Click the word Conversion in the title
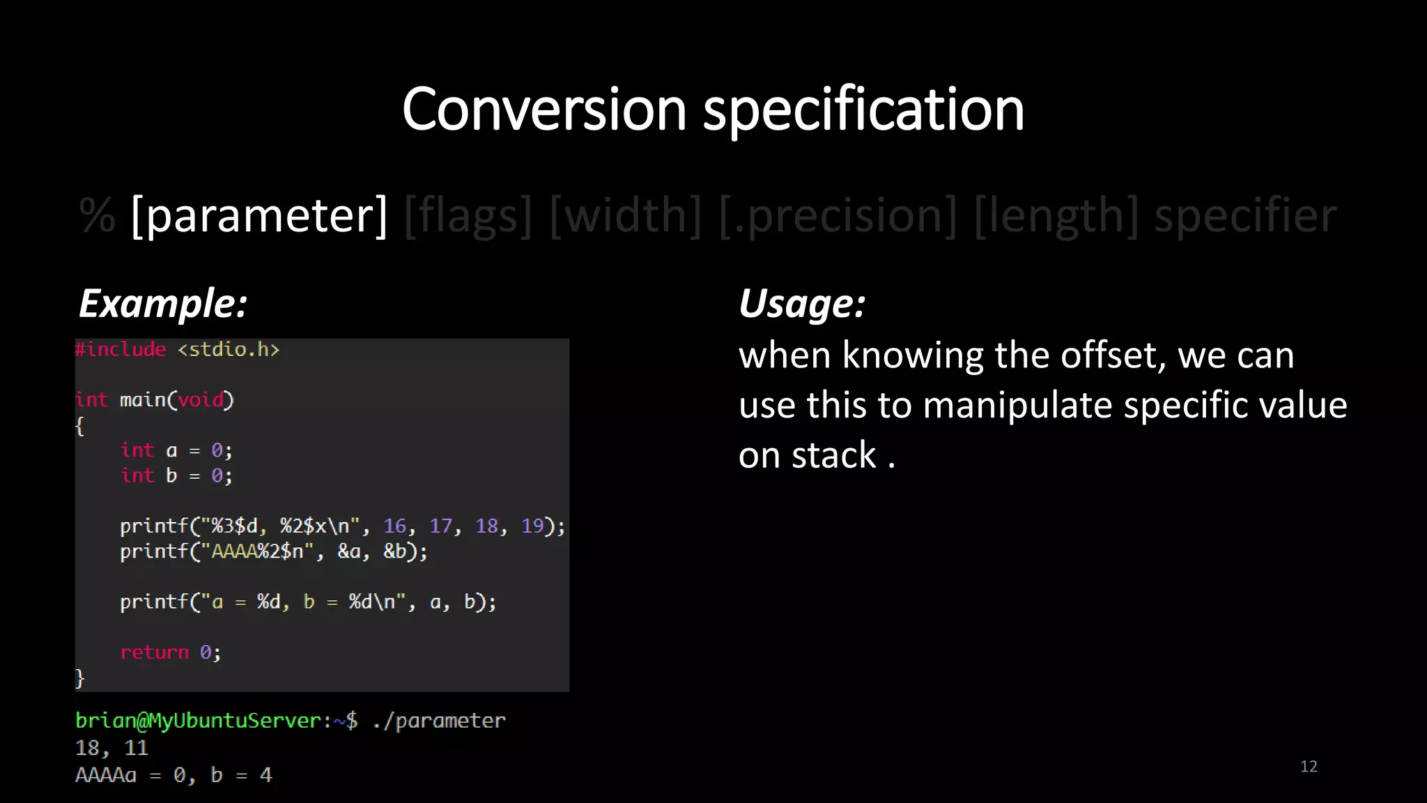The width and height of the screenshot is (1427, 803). [x=544, y=109]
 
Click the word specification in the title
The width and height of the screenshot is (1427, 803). [x=863, y=109]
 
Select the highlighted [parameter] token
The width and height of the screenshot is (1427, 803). [x=259, y=215]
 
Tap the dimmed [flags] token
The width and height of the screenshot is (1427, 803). [x=468, y=215]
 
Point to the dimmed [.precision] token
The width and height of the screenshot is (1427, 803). [x=838, y=215]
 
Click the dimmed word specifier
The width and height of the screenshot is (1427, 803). [x=1245, y=215]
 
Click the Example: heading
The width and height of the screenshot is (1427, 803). [x=163, y=303]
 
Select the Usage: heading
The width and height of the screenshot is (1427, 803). [x=802, y=303]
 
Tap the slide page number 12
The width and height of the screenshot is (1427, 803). [x=1309, y=767]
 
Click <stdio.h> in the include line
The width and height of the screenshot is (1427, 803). [x=229, y=349]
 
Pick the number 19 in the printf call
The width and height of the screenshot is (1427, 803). [x=532, y=526]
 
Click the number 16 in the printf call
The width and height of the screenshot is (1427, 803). [x=394, y=526]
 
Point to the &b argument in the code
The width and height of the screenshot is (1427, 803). [x=395, y=551]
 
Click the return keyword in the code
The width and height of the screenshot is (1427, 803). [x=154, y=652]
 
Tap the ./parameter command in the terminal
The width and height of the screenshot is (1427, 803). [x=439, y=721]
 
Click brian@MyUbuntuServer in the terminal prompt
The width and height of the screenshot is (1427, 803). [x=199, y=721]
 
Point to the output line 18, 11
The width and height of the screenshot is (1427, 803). [x=111, y=748]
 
